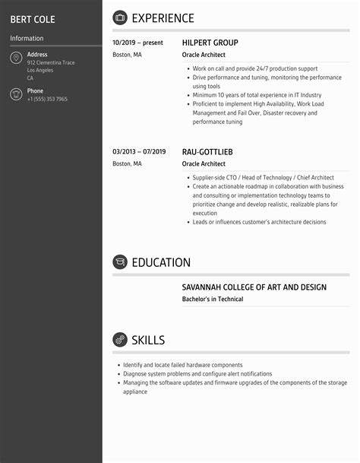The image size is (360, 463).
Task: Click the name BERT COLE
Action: coord(33,19)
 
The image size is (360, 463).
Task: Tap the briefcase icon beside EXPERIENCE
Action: coord(120,17)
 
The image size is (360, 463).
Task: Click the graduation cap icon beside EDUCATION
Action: coord(120,262)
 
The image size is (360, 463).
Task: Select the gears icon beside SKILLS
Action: coord(120,340)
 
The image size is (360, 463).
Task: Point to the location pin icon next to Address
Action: coord(16,59)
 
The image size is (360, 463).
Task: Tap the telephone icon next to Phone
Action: coord(16,94)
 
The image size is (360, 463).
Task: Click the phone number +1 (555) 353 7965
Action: coord(47,99)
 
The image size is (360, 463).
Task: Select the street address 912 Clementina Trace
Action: coord(51,62)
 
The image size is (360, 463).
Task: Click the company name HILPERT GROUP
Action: coord(210,43)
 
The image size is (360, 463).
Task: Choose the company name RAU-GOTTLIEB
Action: coord(207,151)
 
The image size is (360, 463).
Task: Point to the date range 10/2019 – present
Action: coord(137,43)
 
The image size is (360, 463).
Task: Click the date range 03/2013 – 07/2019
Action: coord(139,151)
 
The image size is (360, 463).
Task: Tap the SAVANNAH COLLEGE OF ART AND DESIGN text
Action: coord(254,287)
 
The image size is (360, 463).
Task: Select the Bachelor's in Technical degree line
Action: coord(213,300)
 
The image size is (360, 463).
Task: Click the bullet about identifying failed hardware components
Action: coord(182,365)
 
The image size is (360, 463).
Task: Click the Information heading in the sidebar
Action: coord(27,38)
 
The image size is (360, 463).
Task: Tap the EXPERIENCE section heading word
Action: coord(163,18)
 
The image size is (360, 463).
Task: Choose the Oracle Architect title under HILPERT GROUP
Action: coord(204,55)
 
